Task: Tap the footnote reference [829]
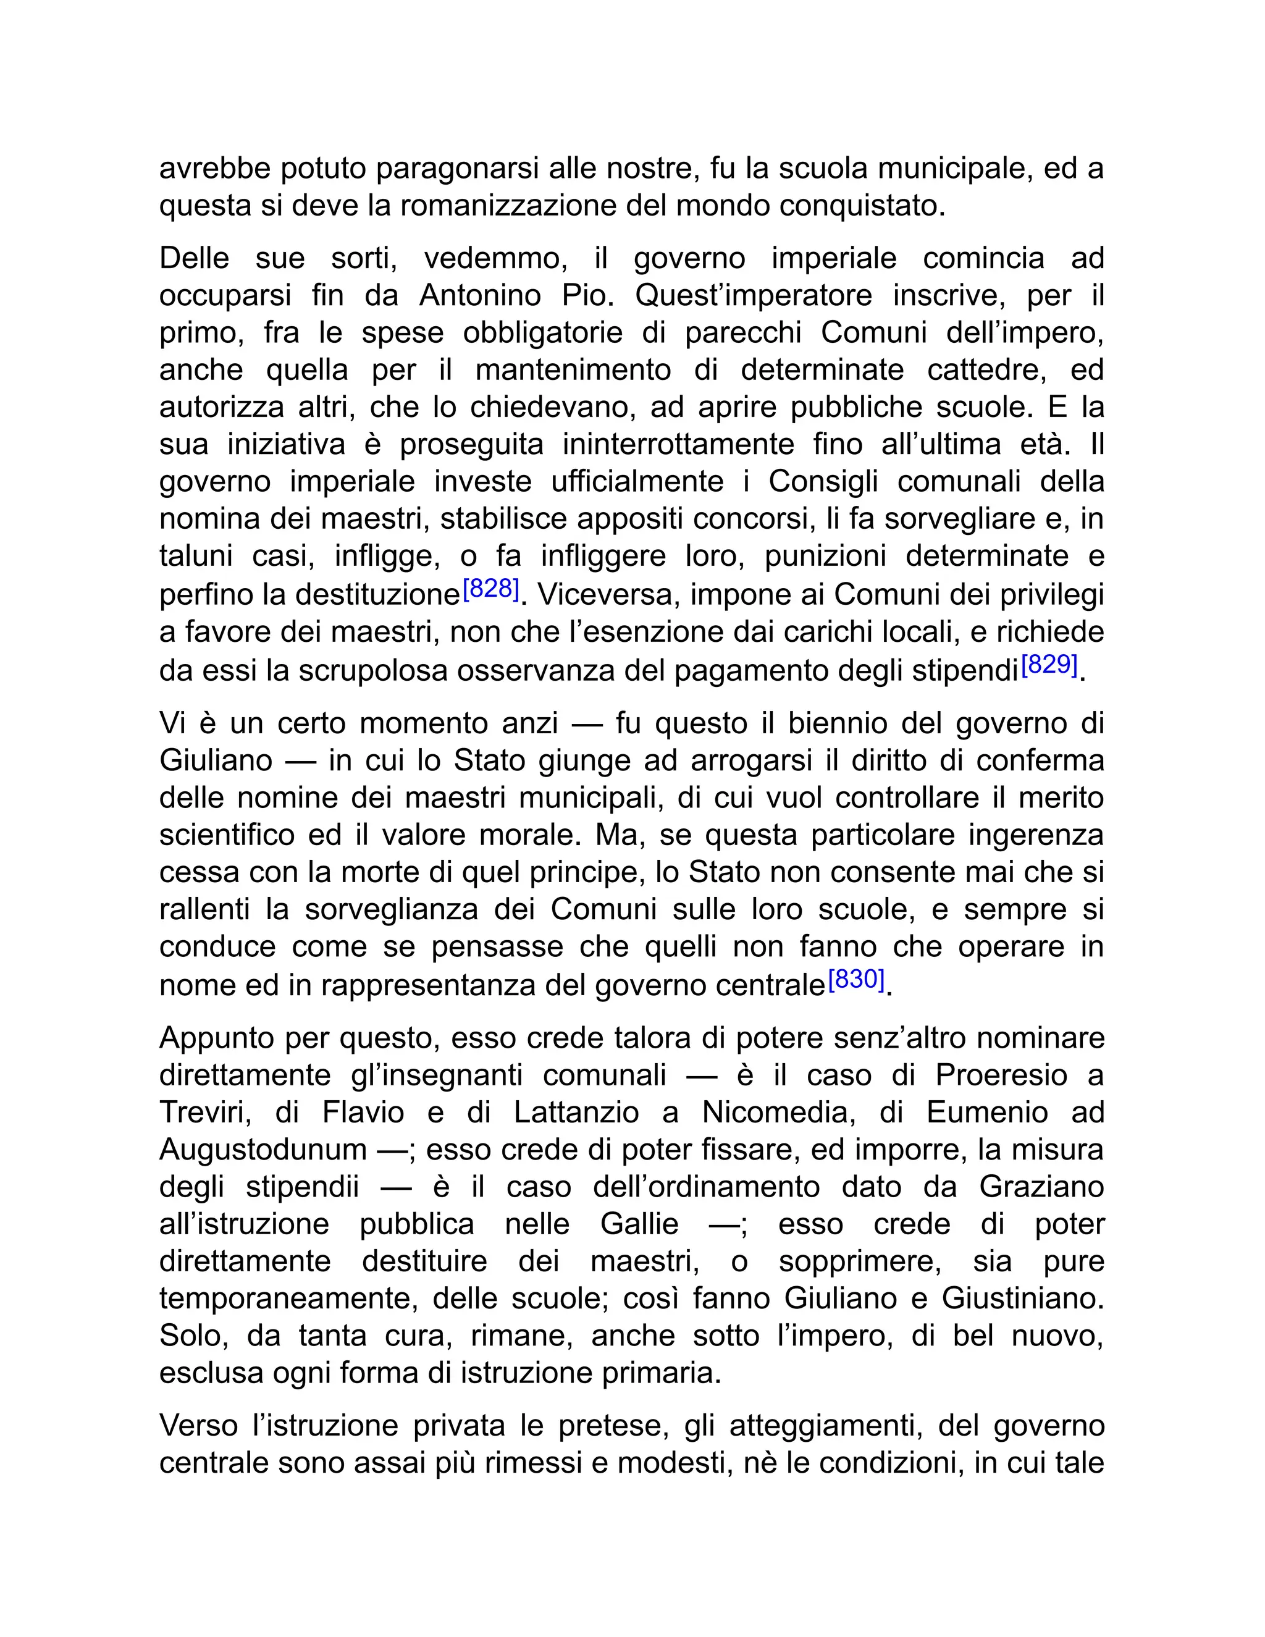point(1049,664)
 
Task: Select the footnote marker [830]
point(857,979)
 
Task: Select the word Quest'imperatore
point(753,295)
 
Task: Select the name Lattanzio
point(576,1113)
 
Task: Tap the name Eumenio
point(987,1113)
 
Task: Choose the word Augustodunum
point(263,1149)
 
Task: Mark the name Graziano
point(1041,1187)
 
